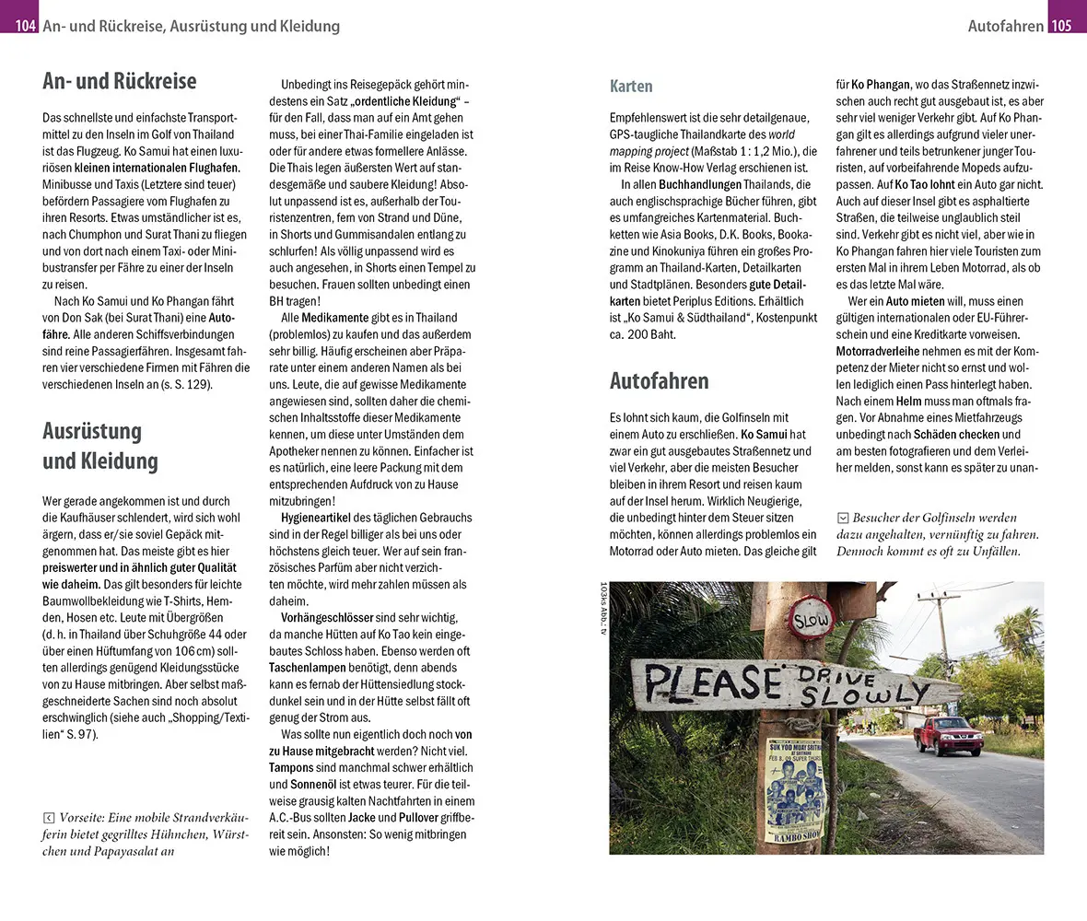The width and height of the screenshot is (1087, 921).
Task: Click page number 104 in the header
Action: (19, 26)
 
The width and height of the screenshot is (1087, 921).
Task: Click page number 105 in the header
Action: (1067, 26)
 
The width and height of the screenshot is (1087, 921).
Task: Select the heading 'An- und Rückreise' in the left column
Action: (119, 81)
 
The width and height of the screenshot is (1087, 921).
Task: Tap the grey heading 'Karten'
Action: (631, 87)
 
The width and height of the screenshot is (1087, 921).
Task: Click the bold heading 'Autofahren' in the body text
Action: (659, 381)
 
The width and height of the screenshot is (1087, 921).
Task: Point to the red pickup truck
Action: (948, 735)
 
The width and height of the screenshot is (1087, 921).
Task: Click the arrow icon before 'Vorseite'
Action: (49, 817)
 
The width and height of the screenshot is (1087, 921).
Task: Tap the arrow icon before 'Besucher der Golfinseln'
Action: (842, 518)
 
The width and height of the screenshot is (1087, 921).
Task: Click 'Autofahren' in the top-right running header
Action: (1006, 26)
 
